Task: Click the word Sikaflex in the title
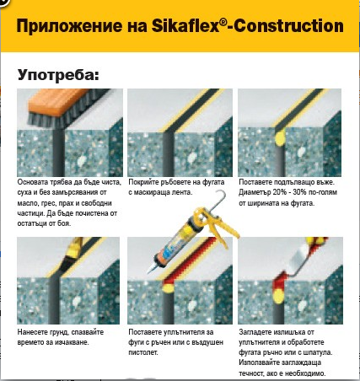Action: (185, 25)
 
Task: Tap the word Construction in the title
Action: (288, 26)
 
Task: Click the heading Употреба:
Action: (58, 75)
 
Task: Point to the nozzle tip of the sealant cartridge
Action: (148, 271)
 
